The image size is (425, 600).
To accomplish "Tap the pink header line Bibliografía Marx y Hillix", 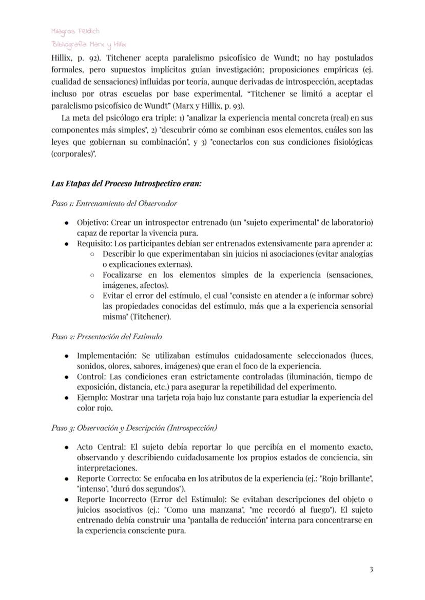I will (x=88, y=45).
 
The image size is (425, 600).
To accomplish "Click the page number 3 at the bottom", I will (x=371, y=569).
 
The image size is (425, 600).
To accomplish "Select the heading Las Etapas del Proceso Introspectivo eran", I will (x=126, y=183).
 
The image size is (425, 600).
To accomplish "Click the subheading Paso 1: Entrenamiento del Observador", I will (x=114, y=203).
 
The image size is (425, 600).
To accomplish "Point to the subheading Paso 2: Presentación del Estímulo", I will (x=106, y=337).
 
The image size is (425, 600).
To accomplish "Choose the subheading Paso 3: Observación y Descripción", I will (x=134, y=428).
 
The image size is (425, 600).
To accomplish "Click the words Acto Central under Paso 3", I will (x=100, y=447).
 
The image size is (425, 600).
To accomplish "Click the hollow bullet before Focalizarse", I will (x=91, y=275).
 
